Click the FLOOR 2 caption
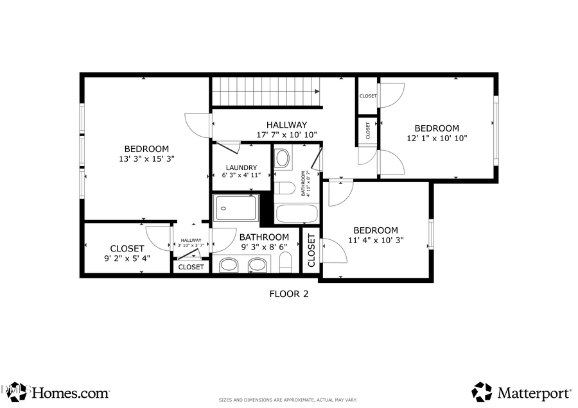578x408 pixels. coord(288,294)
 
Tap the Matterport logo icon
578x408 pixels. coord(482,391)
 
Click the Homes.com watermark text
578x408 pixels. coord(70,392)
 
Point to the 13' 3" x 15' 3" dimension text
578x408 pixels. coord(146,158)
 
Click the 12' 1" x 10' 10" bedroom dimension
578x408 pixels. coord(436,138)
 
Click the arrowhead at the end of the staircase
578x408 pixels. coord(317,92)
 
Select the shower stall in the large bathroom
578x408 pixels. coord(236,208)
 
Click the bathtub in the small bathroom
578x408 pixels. coord(297,213)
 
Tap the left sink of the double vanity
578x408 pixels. coord(229,264)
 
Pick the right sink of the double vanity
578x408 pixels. coord(258,264)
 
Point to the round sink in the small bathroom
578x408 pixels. coord(283,158)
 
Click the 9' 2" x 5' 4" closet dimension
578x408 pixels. coord(127,259)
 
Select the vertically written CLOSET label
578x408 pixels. coord(311,250)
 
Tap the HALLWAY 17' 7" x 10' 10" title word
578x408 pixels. coord(286,124)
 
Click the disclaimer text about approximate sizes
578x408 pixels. coord(288,400)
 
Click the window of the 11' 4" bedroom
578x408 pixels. coord(431,234)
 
